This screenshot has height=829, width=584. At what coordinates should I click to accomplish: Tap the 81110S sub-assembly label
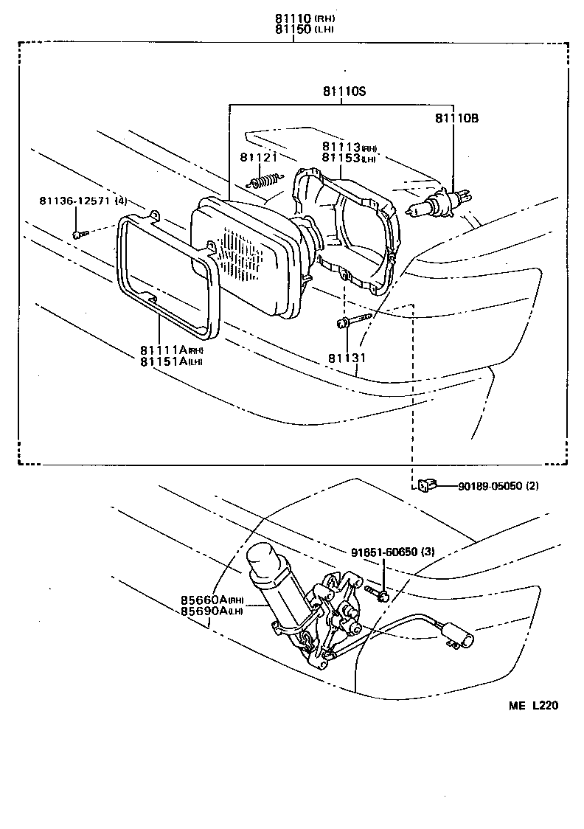tap(343, 92)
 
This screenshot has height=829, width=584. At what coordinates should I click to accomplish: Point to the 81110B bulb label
tap(456, 118)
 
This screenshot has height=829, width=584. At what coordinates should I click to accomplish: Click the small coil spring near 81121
tap(265, 180)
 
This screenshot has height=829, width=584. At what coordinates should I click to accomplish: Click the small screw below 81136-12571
tap(80, 234)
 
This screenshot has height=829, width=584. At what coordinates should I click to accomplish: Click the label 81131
tap(347, 358)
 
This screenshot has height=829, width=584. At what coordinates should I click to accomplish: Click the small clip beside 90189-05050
tap(425, 485)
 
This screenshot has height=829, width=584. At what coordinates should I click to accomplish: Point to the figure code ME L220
tap(532, 706)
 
